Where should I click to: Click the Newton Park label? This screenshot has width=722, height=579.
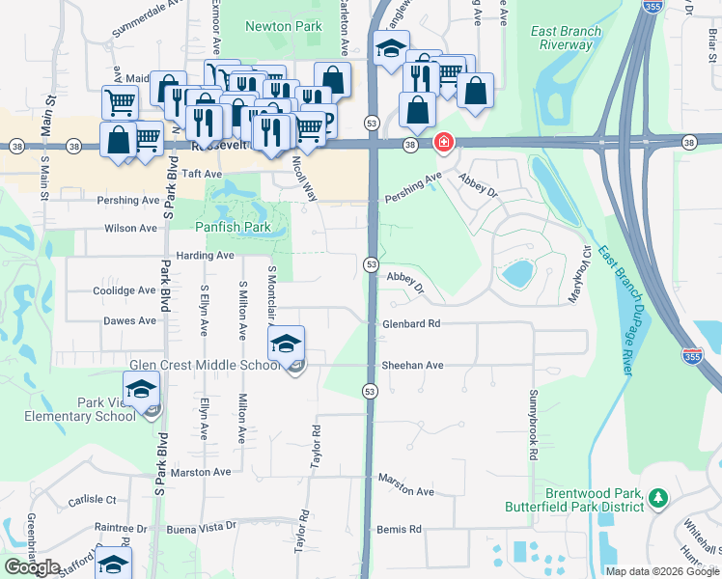(x=283, y=27)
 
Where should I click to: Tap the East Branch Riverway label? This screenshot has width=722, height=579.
(x=567, y=38)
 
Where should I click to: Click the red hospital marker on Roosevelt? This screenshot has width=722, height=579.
(x=443, y=144)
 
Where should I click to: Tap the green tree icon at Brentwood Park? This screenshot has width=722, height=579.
(x=658, y=498)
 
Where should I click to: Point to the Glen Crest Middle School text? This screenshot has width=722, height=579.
(x=206, y=366)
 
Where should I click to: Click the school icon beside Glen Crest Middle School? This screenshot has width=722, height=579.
(x=287, y=345)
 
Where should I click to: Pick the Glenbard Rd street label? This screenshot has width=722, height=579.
(x=410, y=324)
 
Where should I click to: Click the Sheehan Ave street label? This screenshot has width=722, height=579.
(x=412, y=366)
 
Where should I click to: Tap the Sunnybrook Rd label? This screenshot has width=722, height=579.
(x=532, y=424)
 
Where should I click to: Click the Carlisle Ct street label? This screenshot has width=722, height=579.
(x=92, y=500)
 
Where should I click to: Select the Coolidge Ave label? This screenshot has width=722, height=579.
(x=124, y=289)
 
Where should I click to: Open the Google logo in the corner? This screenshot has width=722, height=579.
(x=32, y=567)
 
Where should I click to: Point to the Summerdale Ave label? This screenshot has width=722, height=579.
(x=148, y=19)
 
